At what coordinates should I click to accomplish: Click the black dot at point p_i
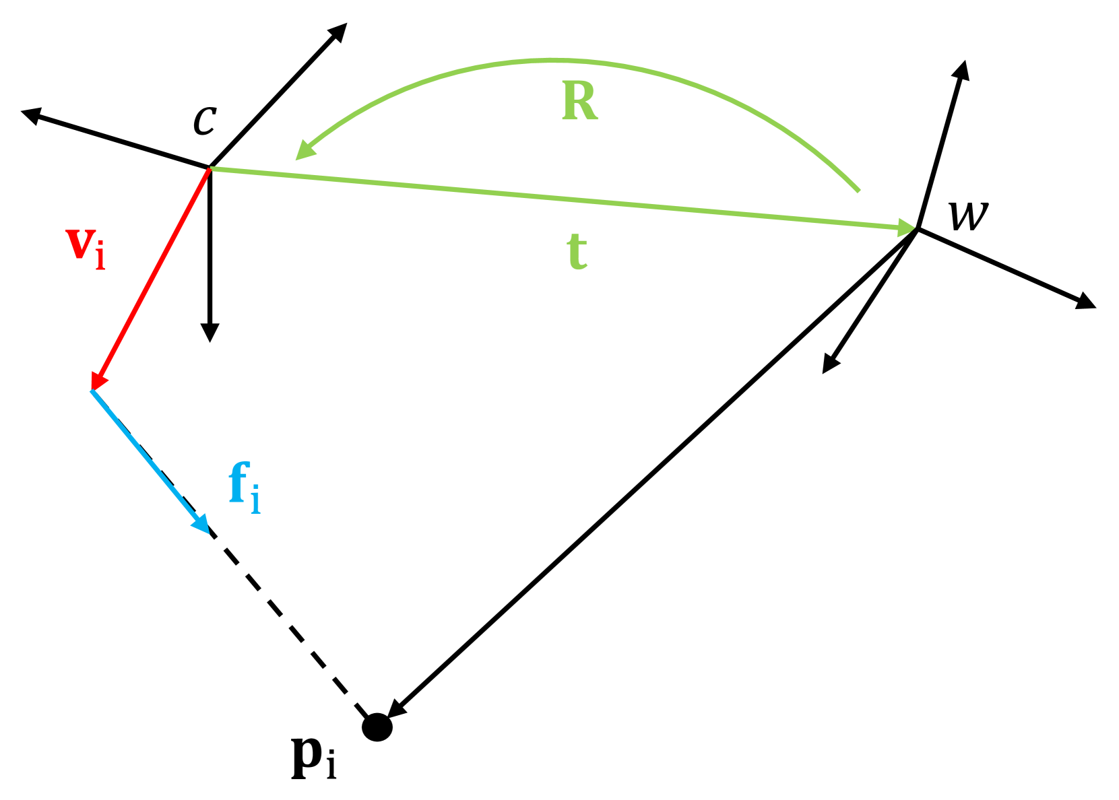click(377, 727)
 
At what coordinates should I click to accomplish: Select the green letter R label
click(580, 102)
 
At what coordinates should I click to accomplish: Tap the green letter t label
click(577, 253)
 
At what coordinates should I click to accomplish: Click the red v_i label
click(86, 248)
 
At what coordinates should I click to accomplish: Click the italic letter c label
click(204, 119)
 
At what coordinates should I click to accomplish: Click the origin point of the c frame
click(210, 167)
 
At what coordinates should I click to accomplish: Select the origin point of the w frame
click(918, 230)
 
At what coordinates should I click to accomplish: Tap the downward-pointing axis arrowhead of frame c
click(210, 334)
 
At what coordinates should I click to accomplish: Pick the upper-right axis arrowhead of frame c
click(339, 31)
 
